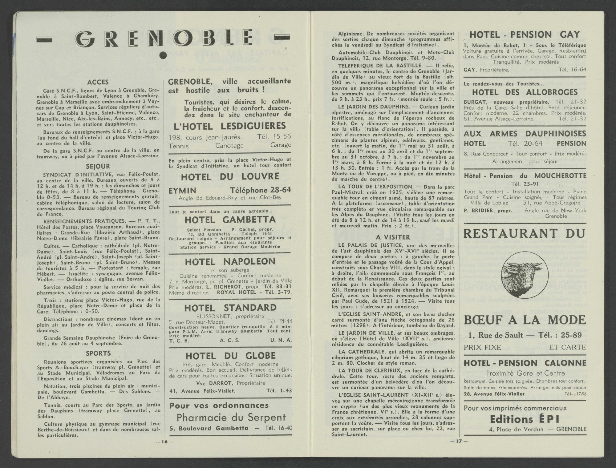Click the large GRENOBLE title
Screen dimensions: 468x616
click(164, 40)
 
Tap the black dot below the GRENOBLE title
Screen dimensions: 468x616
click(164, 55)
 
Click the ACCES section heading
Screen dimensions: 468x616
click(98, 82)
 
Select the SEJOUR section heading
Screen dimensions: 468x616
click(98, 167)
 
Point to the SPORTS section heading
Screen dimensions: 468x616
click(98, 353)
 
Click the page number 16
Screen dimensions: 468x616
click(164, 442)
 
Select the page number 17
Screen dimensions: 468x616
click(459, 441)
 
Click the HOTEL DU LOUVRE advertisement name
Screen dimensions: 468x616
click(230, 177)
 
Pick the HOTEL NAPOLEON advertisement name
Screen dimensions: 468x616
click(230, 262)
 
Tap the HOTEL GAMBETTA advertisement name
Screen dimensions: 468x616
click(230, 220)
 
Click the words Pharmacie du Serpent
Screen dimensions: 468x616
click(231, 418)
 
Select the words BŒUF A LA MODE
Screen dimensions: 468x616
click(525, 320)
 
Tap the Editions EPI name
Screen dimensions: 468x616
click(525, 419)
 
